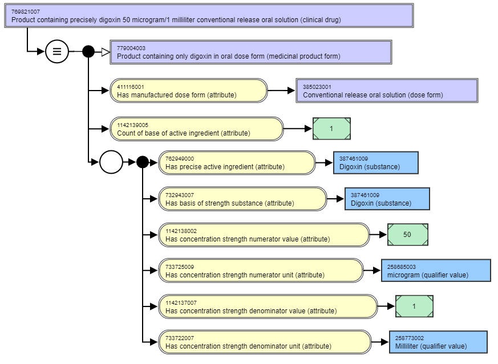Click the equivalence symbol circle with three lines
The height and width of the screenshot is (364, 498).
57,51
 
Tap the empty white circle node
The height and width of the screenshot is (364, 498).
111,162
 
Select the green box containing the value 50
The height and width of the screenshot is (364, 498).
408,235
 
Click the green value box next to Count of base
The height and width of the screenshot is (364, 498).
331,129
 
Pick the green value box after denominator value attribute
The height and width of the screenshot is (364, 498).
414,306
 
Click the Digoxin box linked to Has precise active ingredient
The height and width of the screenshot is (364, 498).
376,163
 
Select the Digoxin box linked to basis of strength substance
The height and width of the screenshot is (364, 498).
387,199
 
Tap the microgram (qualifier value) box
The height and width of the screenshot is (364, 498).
436,271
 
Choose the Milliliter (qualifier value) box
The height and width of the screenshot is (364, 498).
438,342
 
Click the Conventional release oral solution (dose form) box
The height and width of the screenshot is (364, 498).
387,91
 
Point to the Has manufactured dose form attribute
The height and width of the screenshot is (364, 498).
189,91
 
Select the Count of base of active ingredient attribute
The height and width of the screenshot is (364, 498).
197,129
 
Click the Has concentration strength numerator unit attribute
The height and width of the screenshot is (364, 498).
261,271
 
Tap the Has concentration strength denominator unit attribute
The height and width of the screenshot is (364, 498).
265,342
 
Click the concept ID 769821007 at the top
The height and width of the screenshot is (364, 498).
26,12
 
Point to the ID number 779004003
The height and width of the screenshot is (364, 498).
131,48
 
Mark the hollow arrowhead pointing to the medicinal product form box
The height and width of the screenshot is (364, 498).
106,52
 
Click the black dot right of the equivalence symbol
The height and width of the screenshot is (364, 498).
88,51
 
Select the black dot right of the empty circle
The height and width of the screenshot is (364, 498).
143,162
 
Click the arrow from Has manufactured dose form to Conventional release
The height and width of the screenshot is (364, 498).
281,91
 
